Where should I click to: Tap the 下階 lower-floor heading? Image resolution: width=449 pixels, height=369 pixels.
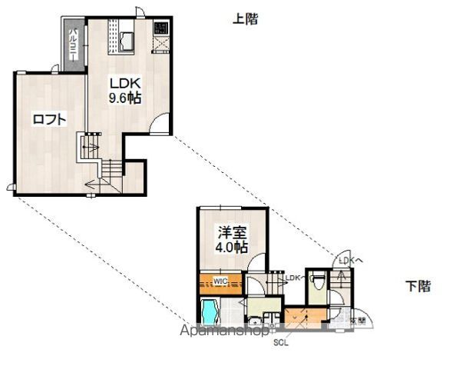point(418,286)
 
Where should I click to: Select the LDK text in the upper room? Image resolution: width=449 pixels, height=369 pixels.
point(123,84)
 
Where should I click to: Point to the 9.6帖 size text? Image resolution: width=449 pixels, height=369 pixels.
point(123,98)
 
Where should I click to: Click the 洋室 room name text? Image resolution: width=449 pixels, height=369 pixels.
point(232,231)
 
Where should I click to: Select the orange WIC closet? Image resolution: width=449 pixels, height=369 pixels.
point(222,281)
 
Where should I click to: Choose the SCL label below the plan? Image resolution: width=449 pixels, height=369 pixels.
point(281,343)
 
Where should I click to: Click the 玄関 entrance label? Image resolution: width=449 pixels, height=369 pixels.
point(357,319)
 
